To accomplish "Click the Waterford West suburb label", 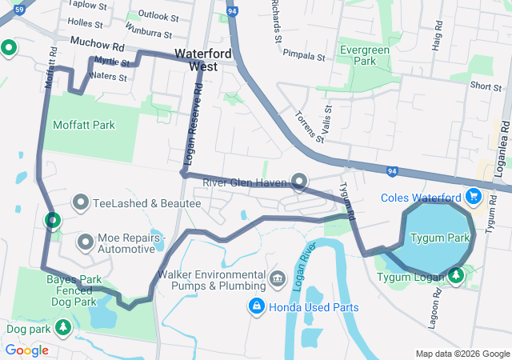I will [x=198, y=60].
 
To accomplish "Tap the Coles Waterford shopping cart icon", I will [x=474, y=195].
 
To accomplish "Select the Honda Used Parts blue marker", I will [x=256, y=305].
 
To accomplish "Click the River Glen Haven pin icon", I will [x=298, y=182].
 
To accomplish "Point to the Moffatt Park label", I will [x=83, y=125].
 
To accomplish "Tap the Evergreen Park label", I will [x=358, y=54].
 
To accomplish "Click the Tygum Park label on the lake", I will [x=439, y=238].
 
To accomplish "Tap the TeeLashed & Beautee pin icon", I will [x=81, y=202].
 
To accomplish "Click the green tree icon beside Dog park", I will [x=62, y=327].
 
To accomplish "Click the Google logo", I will [x=26, y=350].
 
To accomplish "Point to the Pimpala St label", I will [x=304, y=58].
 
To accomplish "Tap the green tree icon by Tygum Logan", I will [x=456, y=276].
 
